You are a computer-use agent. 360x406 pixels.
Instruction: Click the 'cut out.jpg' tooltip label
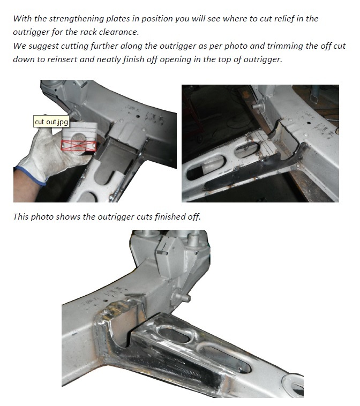click(x=51, y=122)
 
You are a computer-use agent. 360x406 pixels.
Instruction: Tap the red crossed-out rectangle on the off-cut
click(x=79, y=146)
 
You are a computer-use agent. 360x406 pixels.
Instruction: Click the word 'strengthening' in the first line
click(x=77, y=19)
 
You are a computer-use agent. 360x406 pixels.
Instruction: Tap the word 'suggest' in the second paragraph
click(x=43, y=47)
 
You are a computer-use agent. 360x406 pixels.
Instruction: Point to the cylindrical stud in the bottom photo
click(x=182, y=296)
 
